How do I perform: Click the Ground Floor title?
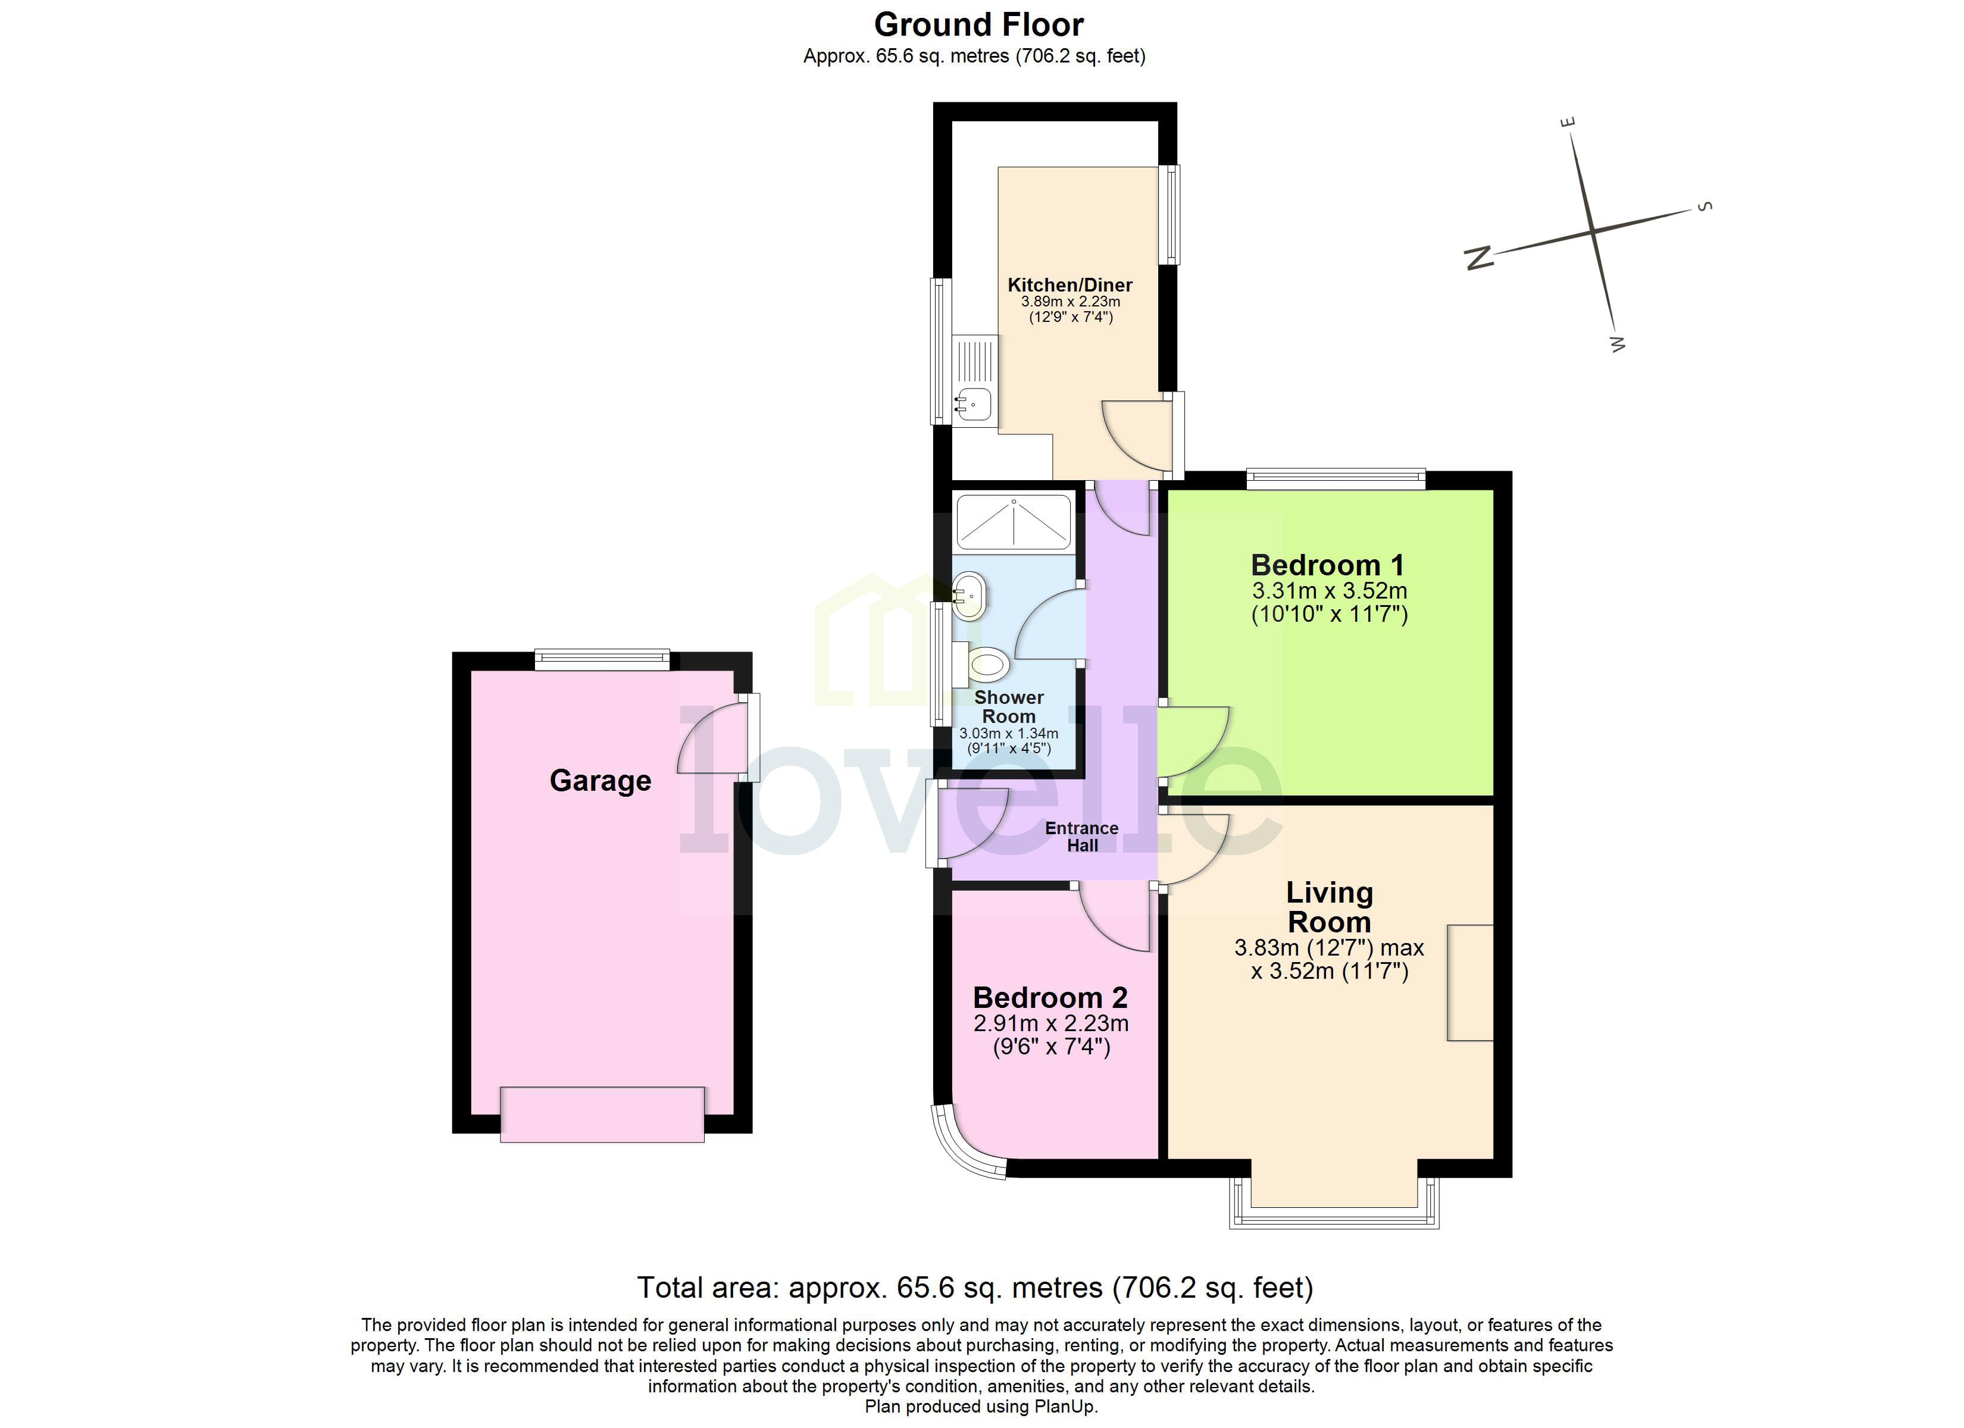click(978, 25)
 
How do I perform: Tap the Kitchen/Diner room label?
click(1069, 285)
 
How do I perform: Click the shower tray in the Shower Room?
click(1013, 522)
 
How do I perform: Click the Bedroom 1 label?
click(1328, 565)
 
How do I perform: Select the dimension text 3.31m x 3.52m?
click(1329, 591)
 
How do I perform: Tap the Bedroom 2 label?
click(1050, 998)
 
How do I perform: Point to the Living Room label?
click(1329, 907)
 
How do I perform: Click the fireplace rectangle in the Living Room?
click(1469, 982)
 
